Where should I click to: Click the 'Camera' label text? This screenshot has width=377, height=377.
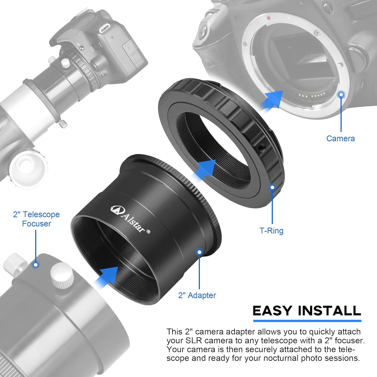click(340, 138)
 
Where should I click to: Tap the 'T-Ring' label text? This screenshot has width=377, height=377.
click(271, 231)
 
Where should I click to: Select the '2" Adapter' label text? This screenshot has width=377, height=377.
click(197, 295)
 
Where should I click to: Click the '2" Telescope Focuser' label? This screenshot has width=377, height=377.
click(36, 219)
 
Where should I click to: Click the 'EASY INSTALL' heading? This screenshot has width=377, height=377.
click(307, 311)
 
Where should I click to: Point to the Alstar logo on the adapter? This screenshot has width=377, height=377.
click(130, 220)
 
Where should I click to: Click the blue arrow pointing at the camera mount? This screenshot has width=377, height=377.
click(273, 101)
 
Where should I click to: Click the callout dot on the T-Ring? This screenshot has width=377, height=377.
click(272, 187)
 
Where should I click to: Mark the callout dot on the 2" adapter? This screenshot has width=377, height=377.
click(199, 252)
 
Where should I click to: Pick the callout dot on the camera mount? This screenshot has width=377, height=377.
click(341, 95)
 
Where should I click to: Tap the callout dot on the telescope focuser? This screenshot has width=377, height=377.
click(36, 265)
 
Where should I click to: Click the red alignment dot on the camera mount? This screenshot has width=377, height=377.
click(269, 18)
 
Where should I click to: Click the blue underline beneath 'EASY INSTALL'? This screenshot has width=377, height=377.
click(307, 321)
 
